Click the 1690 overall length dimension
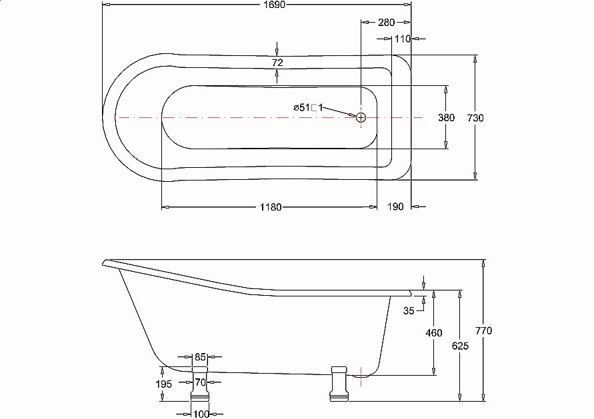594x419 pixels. point(257,5)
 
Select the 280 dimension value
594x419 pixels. point(386,22)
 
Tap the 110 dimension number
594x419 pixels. point(401,39)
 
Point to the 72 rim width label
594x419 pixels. point(278,63)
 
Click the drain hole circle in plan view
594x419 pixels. point(361,117)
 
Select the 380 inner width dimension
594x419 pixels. point(446,118)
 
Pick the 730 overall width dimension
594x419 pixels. point(475,118)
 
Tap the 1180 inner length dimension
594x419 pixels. point(269,207)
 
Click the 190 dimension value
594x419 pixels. point(395,207)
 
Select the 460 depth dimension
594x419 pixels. point(434,333)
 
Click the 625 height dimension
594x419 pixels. point(459,346)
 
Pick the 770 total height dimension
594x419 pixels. point(484,331)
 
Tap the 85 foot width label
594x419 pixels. point(201,357)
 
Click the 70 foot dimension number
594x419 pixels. point(201,382)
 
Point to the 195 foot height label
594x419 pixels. point(163,384)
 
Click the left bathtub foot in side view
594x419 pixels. point(201,393)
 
